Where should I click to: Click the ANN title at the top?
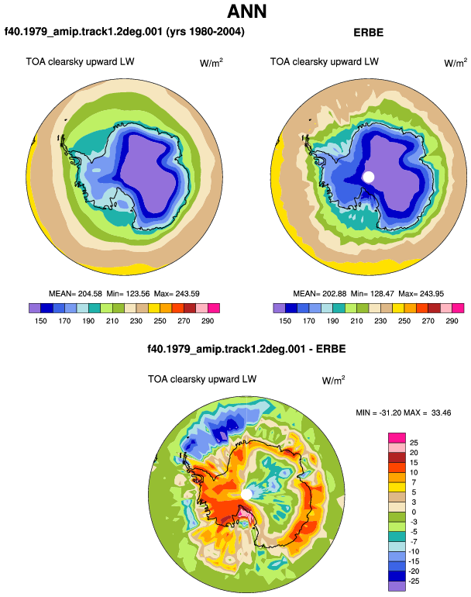click(246, 12)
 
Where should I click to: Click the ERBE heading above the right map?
click(368, 33)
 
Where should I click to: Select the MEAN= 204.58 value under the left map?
click(75, 294)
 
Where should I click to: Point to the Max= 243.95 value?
click(421, 294)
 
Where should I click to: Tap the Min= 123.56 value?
click(129, 294)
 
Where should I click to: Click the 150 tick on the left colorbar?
click(41, 321)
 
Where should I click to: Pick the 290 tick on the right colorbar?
click(452, 321)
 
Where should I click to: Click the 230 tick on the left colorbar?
click(136, 321)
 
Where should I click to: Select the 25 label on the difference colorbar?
click(414, 443)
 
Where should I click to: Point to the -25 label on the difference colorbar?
click(414, 581)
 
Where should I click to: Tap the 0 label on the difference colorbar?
click(414, 512)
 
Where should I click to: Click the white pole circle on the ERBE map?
click(368, 177)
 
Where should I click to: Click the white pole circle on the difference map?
click(246, 495)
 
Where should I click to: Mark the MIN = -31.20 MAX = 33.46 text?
click(404, 412)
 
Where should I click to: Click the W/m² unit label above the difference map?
click(333, 380)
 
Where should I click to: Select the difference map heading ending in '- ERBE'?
click(246, 349)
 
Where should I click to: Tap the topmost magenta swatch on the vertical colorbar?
click(397, 438)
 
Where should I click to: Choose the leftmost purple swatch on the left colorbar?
click(35, 308)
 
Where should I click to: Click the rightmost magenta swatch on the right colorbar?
click(458, 308)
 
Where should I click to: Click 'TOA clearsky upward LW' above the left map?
click(80, 62)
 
